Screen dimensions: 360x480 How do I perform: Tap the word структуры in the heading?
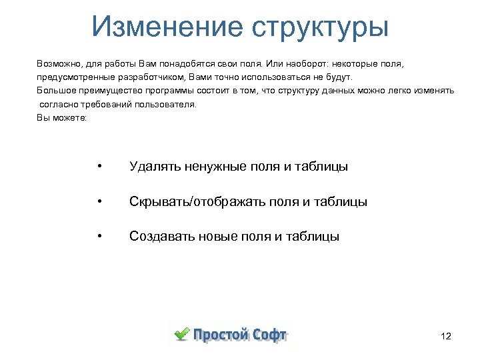319,28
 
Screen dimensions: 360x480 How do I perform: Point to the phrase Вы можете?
58,117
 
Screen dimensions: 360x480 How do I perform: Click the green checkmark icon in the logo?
181,333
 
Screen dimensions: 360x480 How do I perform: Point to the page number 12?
446,337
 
